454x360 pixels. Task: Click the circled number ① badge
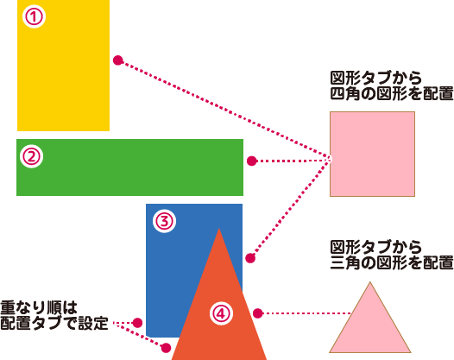pyautogui.click(x=35, y=16)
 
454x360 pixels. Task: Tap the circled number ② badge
pyautogui.click(x=32, y=156)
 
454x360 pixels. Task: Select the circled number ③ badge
pyautogui.click(x=165, y=221)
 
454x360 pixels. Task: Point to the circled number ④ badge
pyautogui.click(x=221, y=313)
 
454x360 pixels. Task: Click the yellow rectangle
pyautogui.click(x=63, y=66)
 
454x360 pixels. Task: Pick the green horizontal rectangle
pyautogui.click(x=129, y=167)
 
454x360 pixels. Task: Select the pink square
pyautogui.click(x=372, y=154)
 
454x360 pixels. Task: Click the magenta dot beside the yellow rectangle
pyautogui.click(x=118, y=60)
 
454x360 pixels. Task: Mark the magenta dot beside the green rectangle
pyautogui.click(x=252, y=161)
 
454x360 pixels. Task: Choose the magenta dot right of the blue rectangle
pyautogui.click(x=250, y=258)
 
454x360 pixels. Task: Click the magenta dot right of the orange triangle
pyautogui.click(x=258, y=313)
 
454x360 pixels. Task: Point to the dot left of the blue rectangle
pyautogui.click(x=137, y=322)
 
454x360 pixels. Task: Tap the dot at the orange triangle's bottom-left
pyautogui.click(x=166, y=348)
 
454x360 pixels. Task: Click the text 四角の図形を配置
pyautogui.click(x=392, y=93)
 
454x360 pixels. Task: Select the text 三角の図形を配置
pyautogui.click(x=392, y=262)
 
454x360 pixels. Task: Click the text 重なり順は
pyautogui.click(x=39, y=307)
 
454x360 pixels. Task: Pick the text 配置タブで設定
pyautogui.click(x=54, y=323)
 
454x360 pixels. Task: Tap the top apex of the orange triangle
pyautogui.click(x=219, y=228)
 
